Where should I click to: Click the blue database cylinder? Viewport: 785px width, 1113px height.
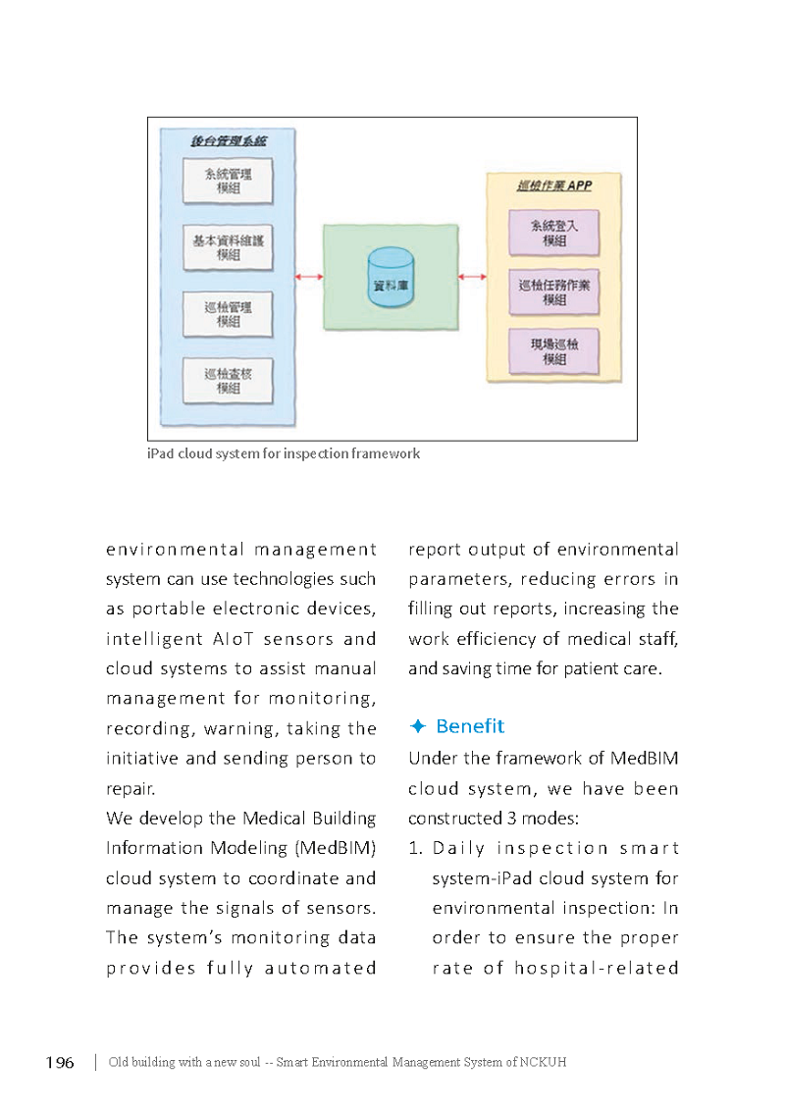point(392,278)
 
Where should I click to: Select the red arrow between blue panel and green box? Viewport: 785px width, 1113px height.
point(309,276)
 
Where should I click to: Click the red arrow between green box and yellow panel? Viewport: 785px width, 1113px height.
point(472,276)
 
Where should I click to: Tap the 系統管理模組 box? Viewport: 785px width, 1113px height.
point(228,181)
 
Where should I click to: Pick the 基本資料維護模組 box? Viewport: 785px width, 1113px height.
point(228,247)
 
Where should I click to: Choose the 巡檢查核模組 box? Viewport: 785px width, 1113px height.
point(228,381)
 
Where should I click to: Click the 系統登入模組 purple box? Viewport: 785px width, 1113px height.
point(554,233)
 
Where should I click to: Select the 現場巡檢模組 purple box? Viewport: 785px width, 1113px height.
point(554,351)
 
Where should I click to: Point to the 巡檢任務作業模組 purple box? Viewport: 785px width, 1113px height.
point(554,292)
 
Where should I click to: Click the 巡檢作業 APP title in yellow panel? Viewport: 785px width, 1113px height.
point(554,185)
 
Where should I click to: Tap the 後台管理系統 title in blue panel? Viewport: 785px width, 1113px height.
point(228,141)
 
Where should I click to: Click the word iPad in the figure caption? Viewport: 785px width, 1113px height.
point(160,453)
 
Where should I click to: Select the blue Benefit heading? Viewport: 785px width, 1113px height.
point(470,726)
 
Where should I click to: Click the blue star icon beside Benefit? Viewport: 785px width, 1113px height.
point(418,726)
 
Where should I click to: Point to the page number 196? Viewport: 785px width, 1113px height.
point(60,1063)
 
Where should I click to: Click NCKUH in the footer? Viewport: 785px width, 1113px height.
point(543,1063)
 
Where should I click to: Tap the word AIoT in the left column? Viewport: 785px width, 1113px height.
point(233,639)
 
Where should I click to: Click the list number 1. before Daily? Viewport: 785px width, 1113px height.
point(415,848)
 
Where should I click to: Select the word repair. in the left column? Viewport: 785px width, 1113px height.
point(131,789)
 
